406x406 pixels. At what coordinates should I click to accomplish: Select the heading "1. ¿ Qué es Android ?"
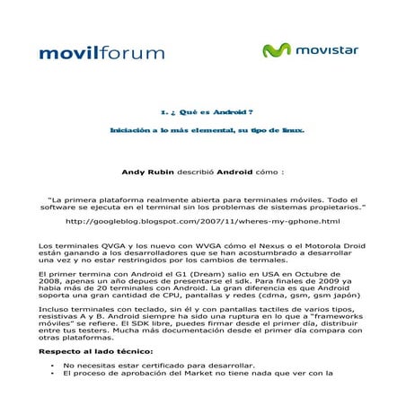[x=202, y=112]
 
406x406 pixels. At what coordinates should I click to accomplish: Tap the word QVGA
[x=80, y=244]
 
